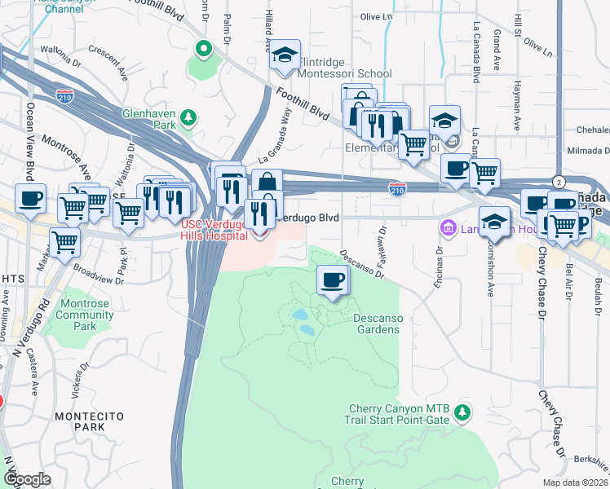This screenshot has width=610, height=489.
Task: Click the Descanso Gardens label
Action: point(377,324)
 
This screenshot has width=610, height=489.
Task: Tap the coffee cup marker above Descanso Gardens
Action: point(332,281)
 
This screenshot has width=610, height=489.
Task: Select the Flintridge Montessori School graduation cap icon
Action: point(285,55)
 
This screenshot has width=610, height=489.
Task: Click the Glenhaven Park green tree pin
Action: point(188,118)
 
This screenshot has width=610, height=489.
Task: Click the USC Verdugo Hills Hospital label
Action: point(214,230)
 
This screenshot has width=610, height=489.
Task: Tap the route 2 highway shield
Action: point(558,181)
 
